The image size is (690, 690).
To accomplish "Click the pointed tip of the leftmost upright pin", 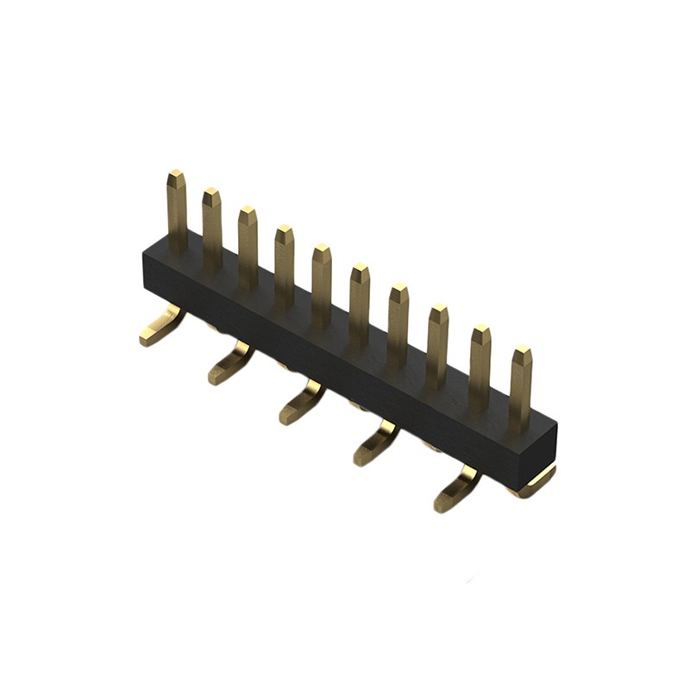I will pos(176,176).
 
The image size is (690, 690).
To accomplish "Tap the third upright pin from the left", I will pos(248,246).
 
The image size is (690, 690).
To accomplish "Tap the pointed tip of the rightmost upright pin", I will pos(522,352).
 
